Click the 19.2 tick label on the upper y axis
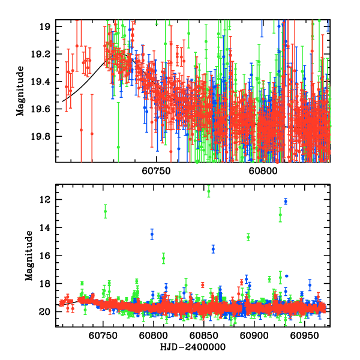point(43,54)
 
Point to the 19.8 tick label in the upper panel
point(43,136)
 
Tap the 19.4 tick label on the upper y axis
point(43,82)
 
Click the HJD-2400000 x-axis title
point(193,347)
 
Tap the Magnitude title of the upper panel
point(21,91)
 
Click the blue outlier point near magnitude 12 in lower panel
point(286,202)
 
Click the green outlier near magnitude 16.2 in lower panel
point(163,258)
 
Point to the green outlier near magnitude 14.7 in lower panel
point(248,237)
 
